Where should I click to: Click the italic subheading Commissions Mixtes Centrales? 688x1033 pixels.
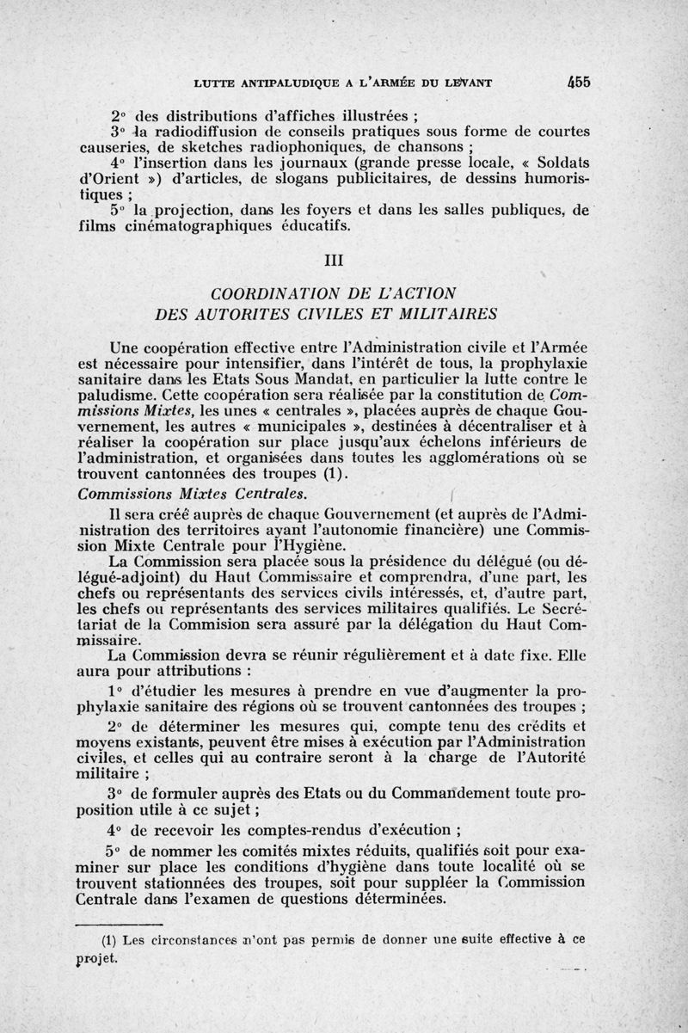[x=191, y=493]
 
